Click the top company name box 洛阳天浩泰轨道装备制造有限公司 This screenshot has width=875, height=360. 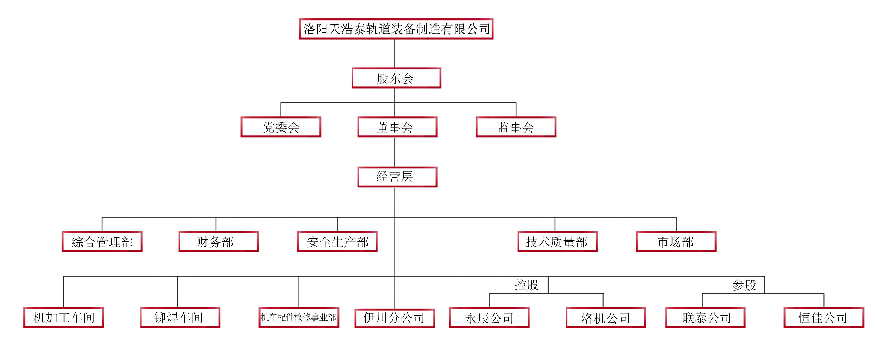point(396,29)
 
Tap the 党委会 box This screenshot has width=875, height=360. point(281,127)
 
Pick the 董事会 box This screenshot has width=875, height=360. point(397,127)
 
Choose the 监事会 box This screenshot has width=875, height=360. point(516,127)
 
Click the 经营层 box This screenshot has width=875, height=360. point(397,177)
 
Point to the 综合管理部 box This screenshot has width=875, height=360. point(102,242)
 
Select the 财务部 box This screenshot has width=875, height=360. point(219,242)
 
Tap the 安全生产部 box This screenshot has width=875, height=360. point(337,242)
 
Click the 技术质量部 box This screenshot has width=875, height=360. point(558,242)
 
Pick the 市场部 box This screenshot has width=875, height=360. point(676,242)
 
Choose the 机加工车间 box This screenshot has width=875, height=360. point(63,317)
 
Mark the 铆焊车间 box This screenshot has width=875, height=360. point(180,317)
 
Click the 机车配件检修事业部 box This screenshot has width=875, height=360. point(299,317)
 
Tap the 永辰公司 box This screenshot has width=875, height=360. point(489,317)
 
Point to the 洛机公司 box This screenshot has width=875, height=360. point(606,317)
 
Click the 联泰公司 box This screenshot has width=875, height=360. point(706,317)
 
